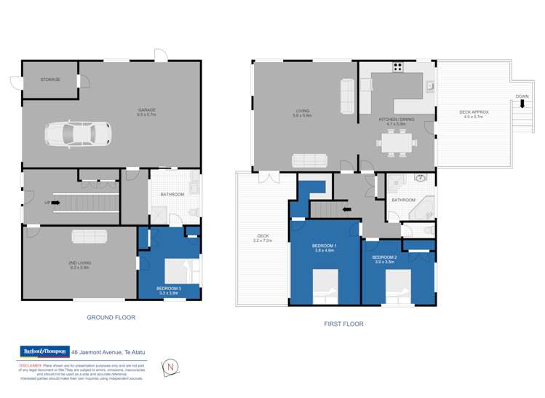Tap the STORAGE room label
[49, 79]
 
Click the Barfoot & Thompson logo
[45, 351]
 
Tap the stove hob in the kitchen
[398, 68]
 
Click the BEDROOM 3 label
[168, 289]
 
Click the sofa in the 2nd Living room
[89, 236]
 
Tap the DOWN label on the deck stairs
[522, 96]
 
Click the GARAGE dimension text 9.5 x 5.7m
[147, 115]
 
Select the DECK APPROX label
[474, 112]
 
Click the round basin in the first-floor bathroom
[421, 177]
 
